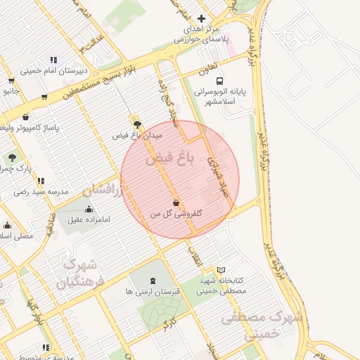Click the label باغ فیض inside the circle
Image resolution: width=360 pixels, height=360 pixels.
pyautogui.click(x=169, y=160)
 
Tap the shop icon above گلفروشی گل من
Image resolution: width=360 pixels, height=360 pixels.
pyautogui.click(x=175, y=203)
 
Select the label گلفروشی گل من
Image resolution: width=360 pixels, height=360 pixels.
pyautogui.click(x=176, y=213)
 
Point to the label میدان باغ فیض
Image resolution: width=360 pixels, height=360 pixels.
pyautogui.click(x=137, y=134)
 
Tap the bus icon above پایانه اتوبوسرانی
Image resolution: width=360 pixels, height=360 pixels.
pyautogui.click(x=220, y=81)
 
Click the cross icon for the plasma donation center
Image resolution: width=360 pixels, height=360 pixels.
pyautogui.click(x=201, y=19)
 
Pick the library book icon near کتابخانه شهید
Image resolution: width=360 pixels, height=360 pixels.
pyautogui.click(x=221, y=270)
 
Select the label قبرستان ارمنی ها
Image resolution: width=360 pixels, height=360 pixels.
pyautogui.click(x=153, y=290)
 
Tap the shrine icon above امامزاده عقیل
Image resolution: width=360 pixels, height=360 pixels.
pyautogui.click(x=89, y=209)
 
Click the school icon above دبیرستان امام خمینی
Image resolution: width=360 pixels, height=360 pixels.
pyautogui.click(x=53, y=60)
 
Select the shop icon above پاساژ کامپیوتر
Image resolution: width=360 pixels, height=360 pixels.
pyautogui.click(x=26, y=117)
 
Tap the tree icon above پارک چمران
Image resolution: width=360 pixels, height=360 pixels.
pyautogui.click(x=12, y=157)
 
